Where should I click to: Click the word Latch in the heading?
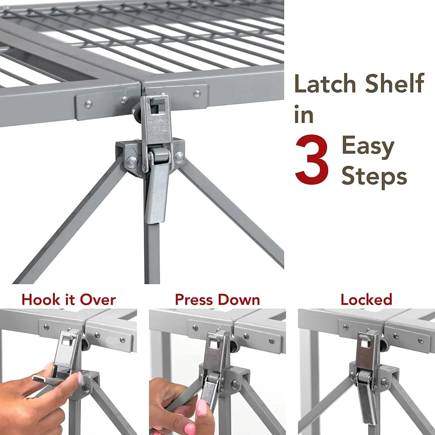tap(325, 84)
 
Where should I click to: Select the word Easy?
tap(368, 147)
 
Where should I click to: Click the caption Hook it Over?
tap(69, 300)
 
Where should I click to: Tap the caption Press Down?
tap(217, 300)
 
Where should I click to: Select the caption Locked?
tap(366, 300)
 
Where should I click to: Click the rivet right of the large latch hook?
tap(197, 93)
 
